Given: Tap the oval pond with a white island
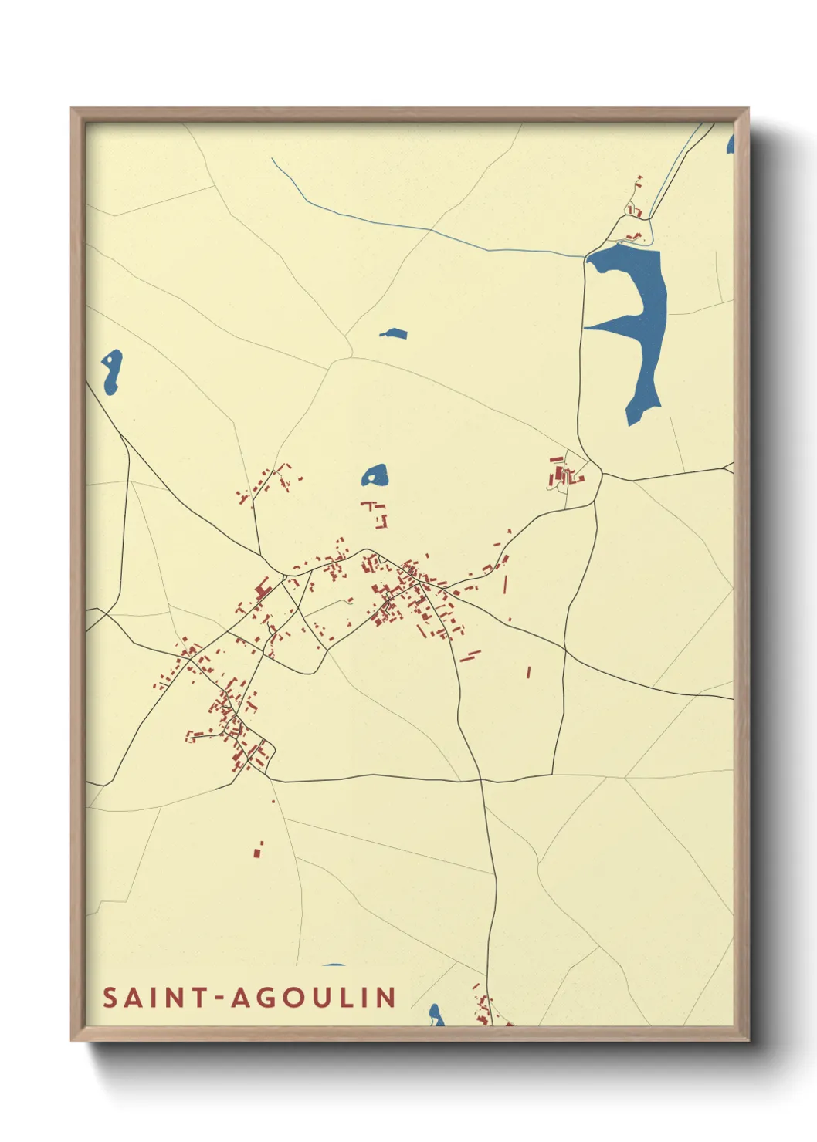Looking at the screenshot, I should tap(375, 475).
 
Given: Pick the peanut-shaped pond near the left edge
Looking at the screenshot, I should tap(111, 370).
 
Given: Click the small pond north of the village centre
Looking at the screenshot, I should tap(394, 334).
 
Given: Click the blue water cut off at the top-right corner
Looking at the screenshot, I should tap(730, 144).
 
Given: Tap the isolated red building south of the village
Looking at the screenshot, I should tap(258, 850).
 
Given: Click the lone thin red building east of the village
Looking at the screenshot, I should tap(529, 672).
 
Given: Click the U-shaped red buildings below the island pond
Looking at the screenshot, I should tap(377, 513).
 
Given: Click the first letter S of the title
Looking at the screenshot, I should tap(110, 998).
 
